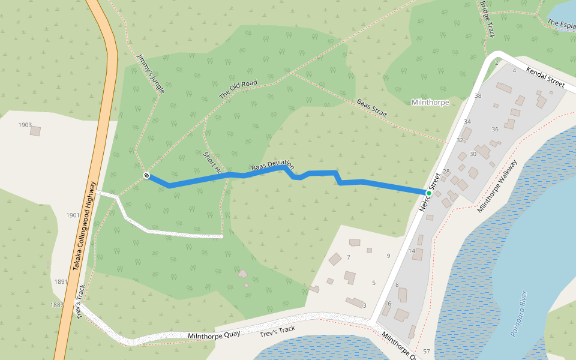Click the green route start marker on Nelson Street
[x=429, y=193]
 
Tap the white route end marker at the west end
[x=146, y=175]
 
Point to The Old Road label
[x=238, y=89]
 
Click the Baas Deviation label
[x=273, y=165]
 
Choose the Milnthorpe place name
[x=430, y=103]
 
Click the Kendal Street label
[x=545, y=77]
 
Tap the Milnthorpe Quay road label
[x=209, y=336]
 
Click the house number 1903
[x=25, y=125]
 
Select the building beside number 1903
[x=35, y=131]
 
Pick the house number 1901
[x=73, y=215]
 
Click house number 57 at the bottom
[x=427, y=350]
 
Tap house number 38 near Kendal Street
[x=478, y=96]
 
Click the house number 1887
[x=57, y=305]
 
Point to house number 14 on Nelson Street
[x=412, y=251]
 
